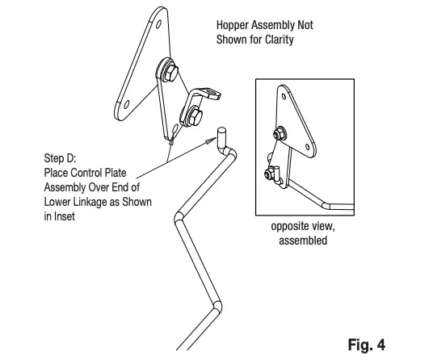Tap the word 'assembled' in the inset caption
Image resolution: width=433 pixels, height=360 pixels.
tap(302, 241)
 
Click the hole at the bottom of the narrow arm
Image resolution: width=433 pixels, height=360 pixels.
tap(176, 128)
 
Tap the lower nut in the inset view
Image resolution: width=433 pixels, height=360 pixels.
tap(272, 172)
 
